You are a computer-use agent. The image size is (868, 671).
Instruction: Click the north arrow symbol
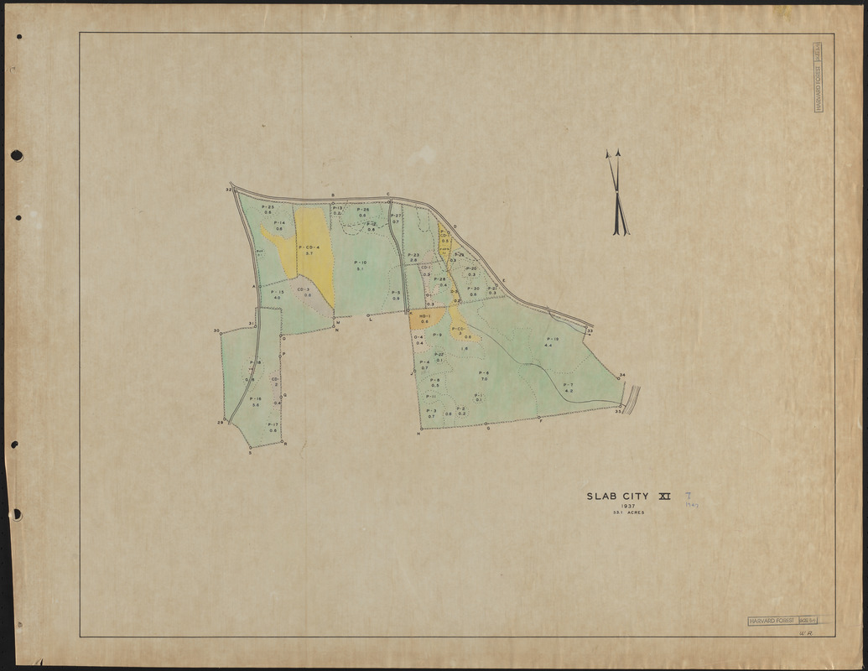pyautogui.click(x=617, y=193)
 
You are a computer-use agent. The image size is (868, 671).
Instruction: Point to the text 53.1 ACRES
pyautogui.click(x=628, y=512)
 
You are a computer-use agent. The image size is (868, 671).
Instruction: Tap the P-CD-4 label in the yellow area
pyautogui.click(x=309, y=247)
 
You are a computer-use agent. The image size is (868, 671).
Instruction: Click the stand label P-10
pyautogui.click(x=361, y=263)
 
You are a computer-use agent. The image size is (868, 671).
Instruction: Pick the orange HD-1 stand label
pyautogui.click(x=424, y=316)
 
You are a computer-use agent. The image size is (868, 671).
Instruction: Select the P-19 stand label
pyautogui.click(x=552, y=339)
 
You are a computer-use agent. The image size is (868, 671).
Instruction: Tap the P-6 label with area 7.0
pyautogui.click(x=484, y=372)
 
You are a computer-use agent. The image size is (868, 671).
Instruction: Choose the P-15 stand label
pyautogui.click(x=277, y=292)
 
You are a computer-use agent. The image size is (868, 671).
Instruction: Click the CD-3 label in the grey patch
pyautogui.click(x=304, y=289)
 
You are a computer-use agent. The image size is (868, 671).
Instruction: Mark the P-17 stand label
pyautogui.click(x=273, y=424)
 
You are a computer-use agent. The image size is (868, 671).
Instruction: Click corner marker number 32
pyautogui.click(x=229, y=190)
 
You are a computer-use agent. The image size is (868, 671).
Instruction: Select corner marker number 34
pyautogui.click(x=621, y=375)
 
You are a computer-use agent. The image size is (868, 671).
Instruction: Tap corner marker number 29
pyautogui.click(x=220, y=421)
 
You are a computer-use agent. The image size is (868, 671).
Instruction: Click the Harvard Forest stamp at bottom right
pyautogui.click(x=782, y=622)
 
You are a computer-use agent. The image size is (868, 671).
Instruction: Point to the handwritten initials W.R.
pyautogui.click(x=808, y=637)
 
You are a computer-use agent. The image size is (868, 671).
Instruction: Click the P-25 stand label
pyautogui.click(x=268, y=206)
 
